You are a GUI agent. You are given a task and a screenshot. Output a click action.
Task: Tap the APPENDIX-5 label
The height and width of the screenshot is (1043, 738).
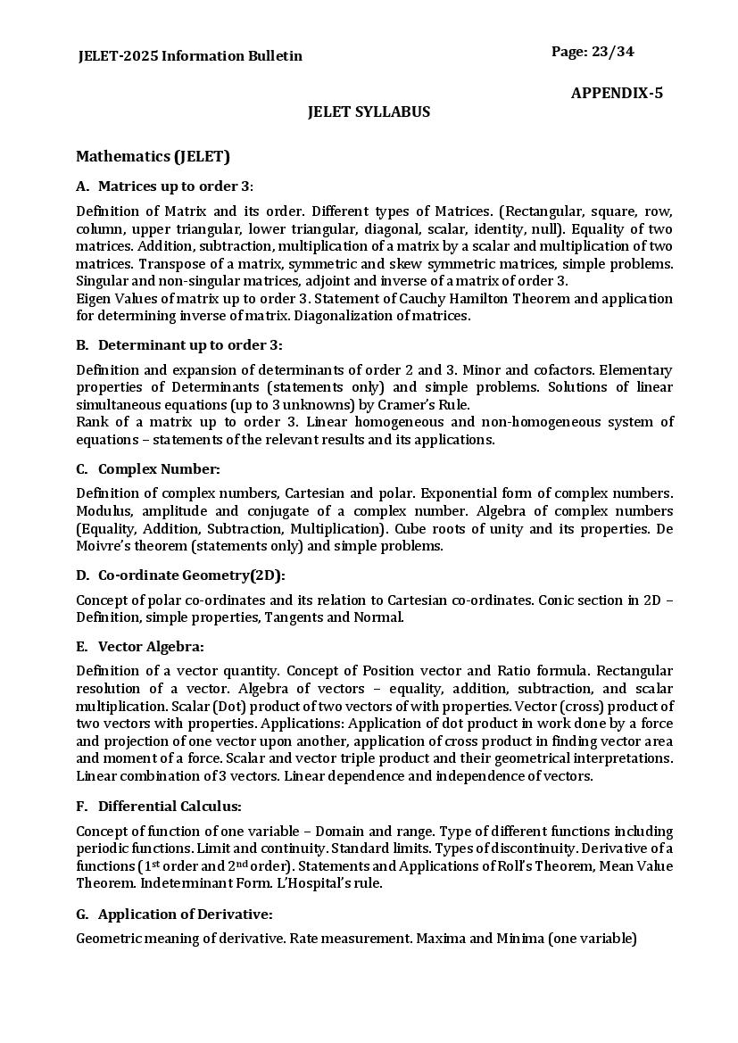(617, 93)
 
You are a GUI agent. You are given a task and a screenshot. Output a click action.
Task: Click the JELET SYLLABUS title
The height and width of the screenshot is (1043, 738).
(369, 112)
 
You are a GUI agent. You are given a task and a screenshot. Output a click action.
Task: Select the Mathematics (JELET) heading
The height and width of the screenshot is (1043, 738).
(153, 156)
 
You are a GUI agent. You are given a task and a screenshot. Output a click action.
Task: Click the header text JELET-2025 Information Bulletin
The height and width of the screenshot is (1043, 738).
(190, 55)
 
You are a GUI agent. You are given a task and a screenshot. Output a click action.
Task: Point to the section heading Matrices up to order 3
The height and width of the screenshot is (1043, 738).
(175, 186)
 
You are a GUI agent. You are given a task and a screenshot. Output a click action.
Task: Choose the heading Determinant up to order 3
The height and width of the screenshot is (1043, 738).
(189, 344)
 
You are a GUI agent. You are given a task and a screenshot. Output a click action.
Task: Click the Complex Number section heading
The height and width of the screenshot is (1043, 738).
(159, 468)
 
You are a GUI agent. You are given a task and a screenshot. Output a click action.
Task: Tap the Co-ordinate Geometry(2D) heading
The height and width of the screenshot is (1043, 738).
(191, 575)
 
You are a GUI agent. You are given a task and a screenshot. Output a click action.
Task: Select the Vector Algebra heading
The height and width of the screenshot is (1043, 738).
(151, 646)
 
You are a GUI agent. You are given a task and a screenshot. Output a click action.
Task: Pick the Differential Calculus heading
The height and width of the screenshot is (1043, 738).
(170, 806)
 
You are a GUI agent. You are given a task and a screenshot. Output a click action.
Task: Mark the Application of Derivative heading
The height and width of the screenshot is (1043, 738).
(185, 914)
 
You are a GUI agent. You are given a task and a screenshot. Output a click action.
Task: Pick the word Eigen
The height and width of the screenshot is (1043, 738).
(94, 298)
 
